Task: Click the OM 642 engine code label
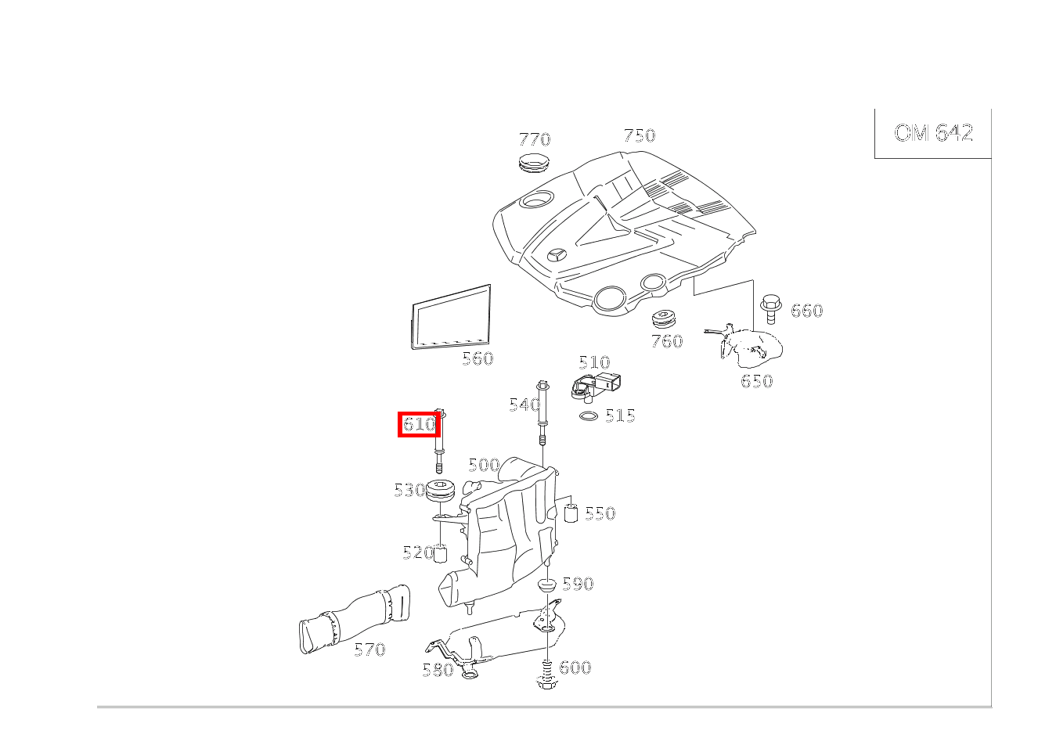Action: (x=933, y=133)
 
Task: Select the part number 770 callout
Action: (x=535, y=139)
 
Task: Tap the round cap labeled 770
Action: (x=535, y=162)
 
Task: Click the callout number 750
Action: (x=639, y=135)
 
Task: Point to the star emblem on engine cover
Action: (x=557, y=257)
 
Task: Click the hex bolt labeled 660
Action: (x=770, y=308)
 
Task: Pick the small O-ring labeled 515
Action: (x=589, y=416)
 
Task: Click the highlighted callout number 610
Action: (x=419, y=425)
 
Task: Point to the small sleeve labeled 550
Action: (x=571, y=513)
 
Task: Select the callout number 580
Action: (x=438, y=670)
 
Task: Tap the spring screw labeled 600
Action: (x=546, y=673)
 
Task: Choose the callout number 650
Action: (x=756, y=381)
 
